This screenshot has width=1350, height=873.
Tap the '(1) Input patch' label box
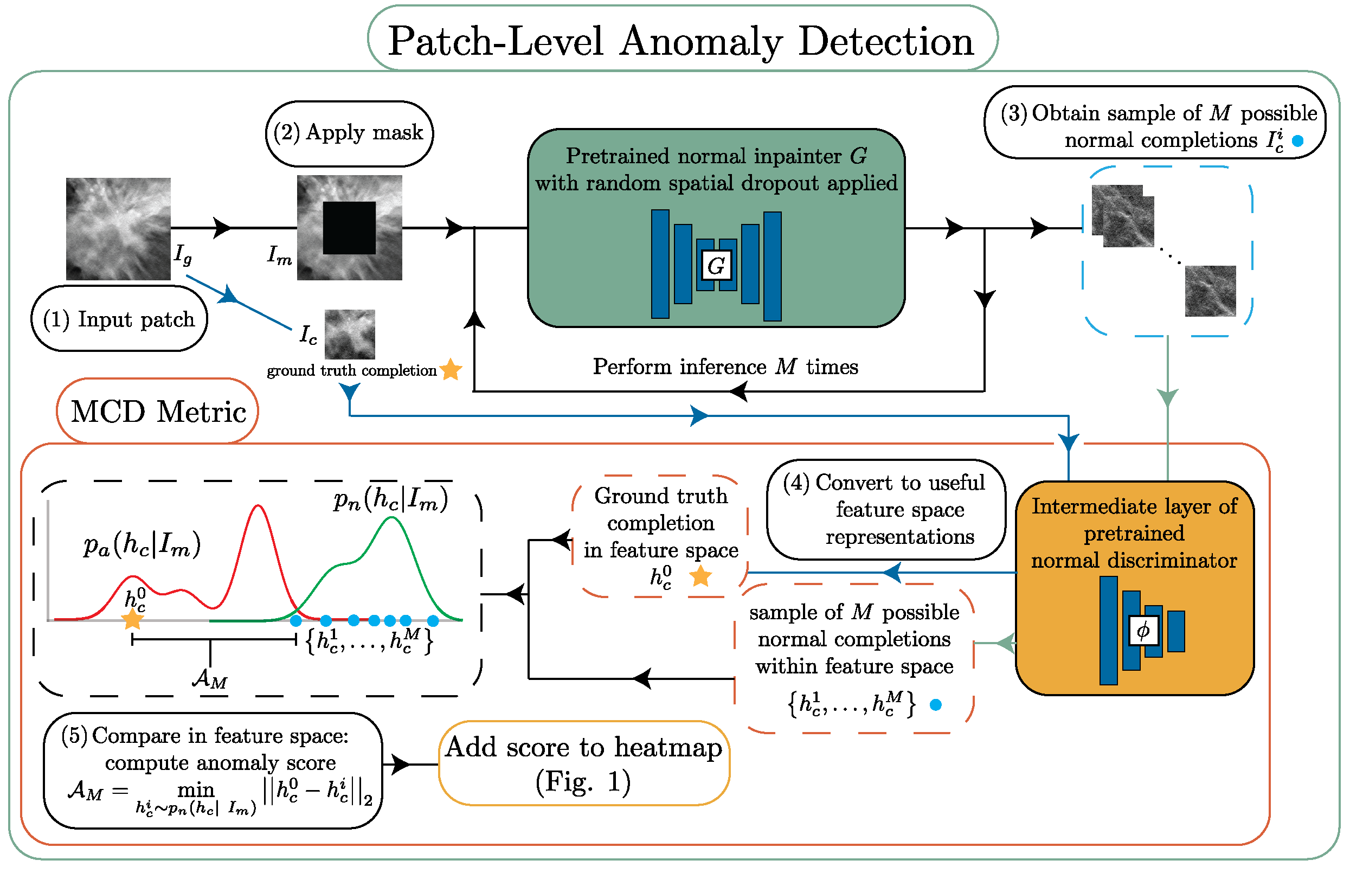pyautogui.click(x=119, y=319)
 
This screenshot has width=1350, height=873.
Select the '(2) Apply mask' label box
pyautogui.click(x=349, y=133)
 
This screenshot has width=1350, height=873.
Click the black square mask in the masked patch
pyautogui.click(x=349, y=227)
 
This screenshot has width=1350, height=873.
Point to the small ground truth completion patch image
pyautogui.click(x=350, y=334)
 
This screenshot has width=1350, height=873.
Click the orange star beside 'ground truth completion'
pyautogui.click(x=451, y=370)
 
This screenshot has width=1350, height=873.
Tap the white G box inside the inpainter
pyautogui.click(x=716, y=265)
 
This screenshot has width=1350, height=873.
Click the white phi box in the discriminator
pyautogui.click(x=1142, y=630)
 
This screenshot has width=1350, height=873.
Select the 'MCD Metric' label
pyautogui.click(x=158, y=411)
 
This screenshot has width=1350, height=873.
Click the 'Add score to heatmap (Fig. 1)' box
pyautogui.click(x=584, y=763)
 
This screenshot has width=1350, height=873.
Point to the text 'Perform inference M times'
pyautogui.click(x=725, y=367)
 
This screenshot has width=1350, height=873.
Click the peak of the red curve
pyautogui.click(x=259, y=506)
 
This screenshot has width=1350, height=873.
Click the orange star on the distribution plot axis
pyautogui.click(x=133, y=619)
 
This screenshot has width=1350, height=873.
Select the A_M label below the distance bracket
pyautogui.click(x=210, y=678)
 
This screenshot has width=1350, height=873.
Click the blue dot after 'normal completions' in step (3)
pyautogui.click(x=1297, y=140)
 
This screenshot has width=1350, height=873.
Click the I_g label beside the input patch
pyautogui.click(x=183, y=254)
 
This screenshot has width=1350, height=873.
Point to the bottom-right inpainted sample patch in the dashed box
pyautogui.click(x=1210, y=291)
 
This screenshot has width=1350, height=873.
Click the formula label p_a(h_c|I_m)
pyautogui.click(x=142, y=545)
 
